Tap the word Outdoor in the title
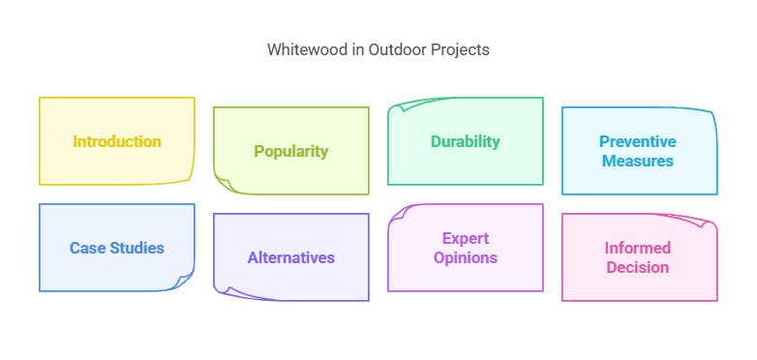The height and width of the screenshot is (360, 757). (x=393, y=50)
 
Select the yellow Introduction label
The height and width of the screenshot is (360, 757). (x=117, y=141)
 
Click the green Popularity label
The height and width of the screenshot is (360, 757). (x=290, y=151)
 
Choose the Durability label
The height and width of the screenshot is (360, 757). (x=466, y=141)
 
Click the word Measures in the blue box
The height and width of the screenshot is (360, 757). (x=638, y=161)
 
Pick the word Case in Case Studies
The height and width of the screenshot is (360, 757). (x=87, y=248)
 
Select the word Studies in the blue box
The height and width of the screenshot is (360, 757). (x=136, y=248)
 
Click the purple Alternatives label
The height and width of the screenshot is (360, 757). (x=290, y=257)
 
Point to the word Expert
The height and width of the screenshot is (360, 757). (x=466, y=238)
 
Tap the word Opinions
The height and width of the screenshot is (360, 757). (x=466, y=257)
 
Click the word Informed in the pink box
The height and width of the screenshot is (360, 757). (x=638, y=248)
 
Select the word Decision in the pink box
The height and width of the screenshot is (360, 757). (x=638, y=267)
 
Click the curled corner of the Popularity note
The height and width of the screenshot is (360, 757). (x=224, y=185)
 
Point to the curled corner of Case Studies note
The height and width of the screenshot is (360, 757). (x=184, y=282)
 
